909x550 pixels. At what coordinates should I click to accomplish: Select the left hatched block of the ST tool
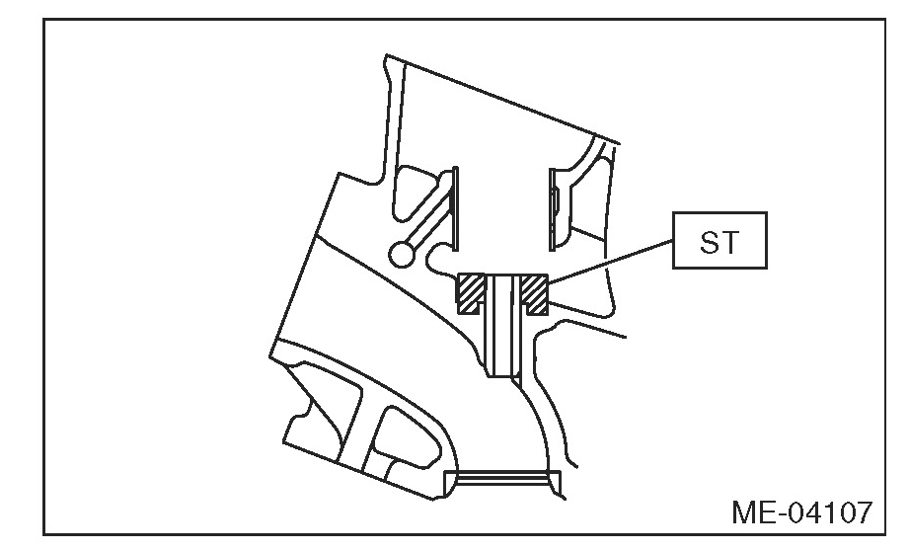472,290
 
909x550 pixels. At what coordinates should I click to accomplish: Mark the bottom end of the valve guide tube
502,375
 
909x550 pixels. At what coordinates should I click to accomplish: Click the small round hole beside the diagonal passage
402,254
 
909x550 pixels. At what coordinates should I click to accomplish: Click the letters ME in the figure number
753,513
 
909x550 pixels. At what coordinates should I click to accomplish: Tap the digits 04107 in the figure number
826,513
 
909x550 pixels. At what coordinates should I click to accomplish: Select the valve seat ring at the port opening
502,481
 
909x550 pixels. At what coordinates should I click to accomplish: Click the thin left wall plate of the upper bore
455,207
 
